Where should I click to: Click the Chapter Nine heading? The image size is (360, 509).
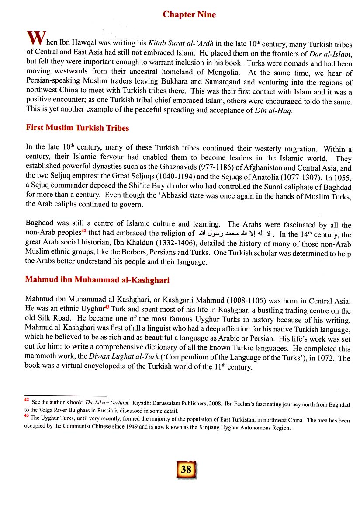[x=189, y=14]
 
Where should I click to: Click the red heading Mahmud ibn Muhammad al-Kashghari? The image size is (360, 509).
[x=97, y=280]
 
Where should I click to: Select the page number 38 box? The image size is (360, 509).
[x=186, y=470]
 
